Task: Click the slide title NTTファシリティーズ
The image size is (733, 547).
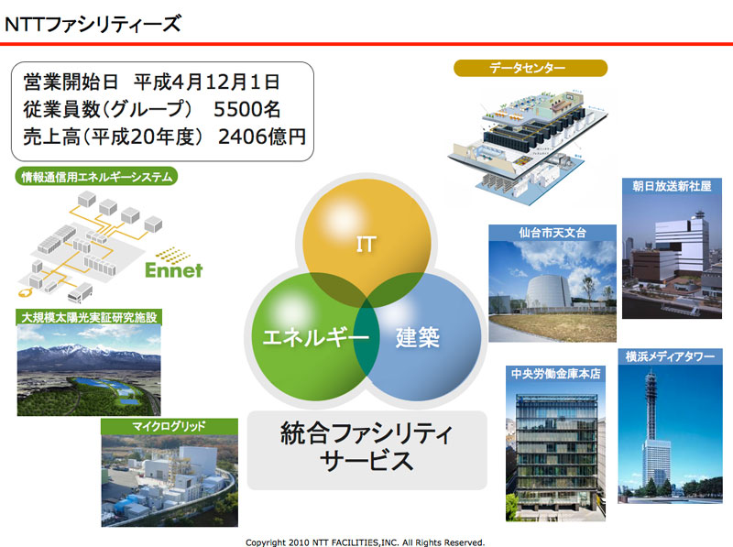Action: (x=93, y=24)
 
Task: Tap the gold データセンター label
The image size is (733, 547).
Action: (x=531, y=68)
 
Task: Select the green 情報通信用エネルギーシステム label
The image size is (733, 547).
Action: (x=97, y=177)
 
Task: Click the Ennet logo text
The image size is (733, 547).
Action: (x=174, y=269)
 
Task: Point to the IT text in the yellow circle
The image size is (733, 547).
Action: (x=366, y=244)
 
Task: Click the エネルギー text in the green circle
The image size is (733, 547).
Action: (x=315, y=337)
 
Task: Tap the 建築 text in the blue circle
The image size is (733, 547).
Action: (x=418, y=337)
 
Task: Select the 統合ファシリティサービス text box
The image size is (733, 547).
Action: (x=367, y=450)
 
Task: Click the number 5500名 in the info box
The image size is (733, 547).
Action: (x=246, y=109)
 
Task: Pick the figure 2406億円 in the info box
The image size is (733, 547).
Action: (x=262, y=137)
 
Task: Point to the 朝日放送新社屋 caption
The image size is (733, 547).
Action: (x=672, y=186)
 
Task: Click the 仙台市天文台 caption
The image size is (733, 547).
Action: (x=552, y=233)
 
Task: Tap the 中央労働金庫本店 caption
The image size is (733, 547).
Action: (x=555, y=374)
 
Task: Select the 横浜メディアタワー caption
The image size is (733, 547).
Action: (x=670, y=356)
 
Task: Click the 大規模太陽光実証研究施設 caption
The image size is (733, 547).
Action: (x=89, y=318)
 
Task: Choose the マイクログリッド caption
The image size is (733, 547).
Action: (x=169, y=426)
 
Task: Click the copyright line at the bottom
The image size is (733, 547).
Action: (x=365, y=542)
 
